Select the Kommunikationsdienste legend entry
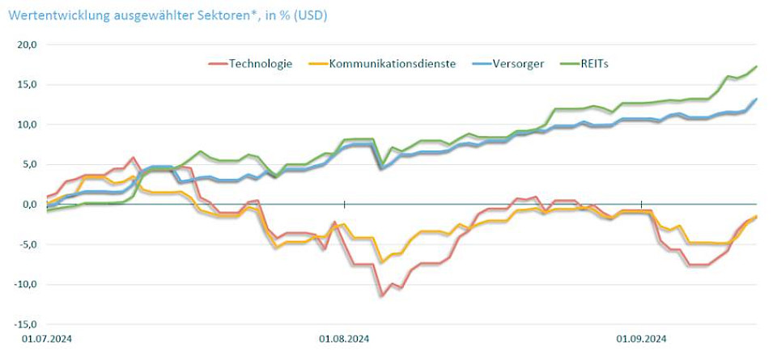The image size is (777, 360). [393, 64]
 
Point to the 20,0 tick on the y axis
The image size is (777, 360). [28, 45]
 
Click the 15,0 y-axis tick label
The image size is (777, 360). [28, 85]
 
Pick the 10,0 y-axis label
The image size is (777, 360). [28, 125]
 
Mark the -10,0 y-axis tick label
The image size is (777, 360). [27, 284]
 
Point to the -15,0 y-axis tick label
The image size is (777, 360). [27, 324]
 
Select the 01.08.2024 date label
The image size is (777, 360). [344, 340]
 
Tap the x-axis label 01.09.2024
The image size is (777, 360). [641, 340]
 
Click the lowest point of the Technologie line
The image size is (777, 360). [382, 296]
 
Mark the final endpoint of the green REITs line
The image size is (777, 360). [756, 66]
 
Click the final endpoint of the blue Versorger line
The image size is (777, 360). [756, 100]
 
